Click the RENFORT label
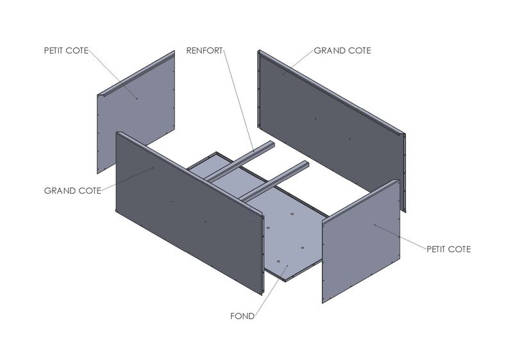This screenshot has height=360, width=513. point(204,51)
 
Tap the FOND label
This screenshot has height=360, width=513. point(242,316)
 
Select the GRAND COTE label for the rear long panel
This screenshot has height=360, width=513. point(342,51)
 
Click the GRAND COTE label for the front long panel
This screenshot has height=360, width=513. point(72,191)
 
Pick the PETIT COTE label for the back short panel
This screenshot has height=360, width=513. point(66,51)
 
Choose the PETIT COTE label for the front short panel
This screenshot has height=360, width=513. point(448,250)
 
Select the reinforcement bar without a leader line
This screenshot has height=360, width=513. point(274,181)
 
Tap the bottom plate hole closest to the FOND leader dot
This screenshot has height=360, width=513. point(278,262)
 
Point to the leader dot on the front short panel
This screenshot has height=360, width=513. point(375,225)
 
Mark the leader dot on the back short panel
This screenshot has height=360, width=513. point(137,99)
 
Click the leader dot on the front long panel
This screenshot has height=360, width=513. point(153,168)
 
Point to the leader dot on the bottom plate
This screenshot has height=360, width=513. point(287,266)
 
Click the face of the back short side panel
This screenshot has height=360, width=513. point(136,114)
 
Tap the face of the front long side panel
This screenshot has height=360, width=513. point(190,213)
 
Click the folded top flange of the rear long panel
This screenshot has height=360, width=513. point(331,92)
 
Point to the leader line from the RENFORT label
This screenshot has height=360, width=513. point(239,101)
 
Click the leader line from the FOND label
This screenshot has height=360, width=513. point(271,291)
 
